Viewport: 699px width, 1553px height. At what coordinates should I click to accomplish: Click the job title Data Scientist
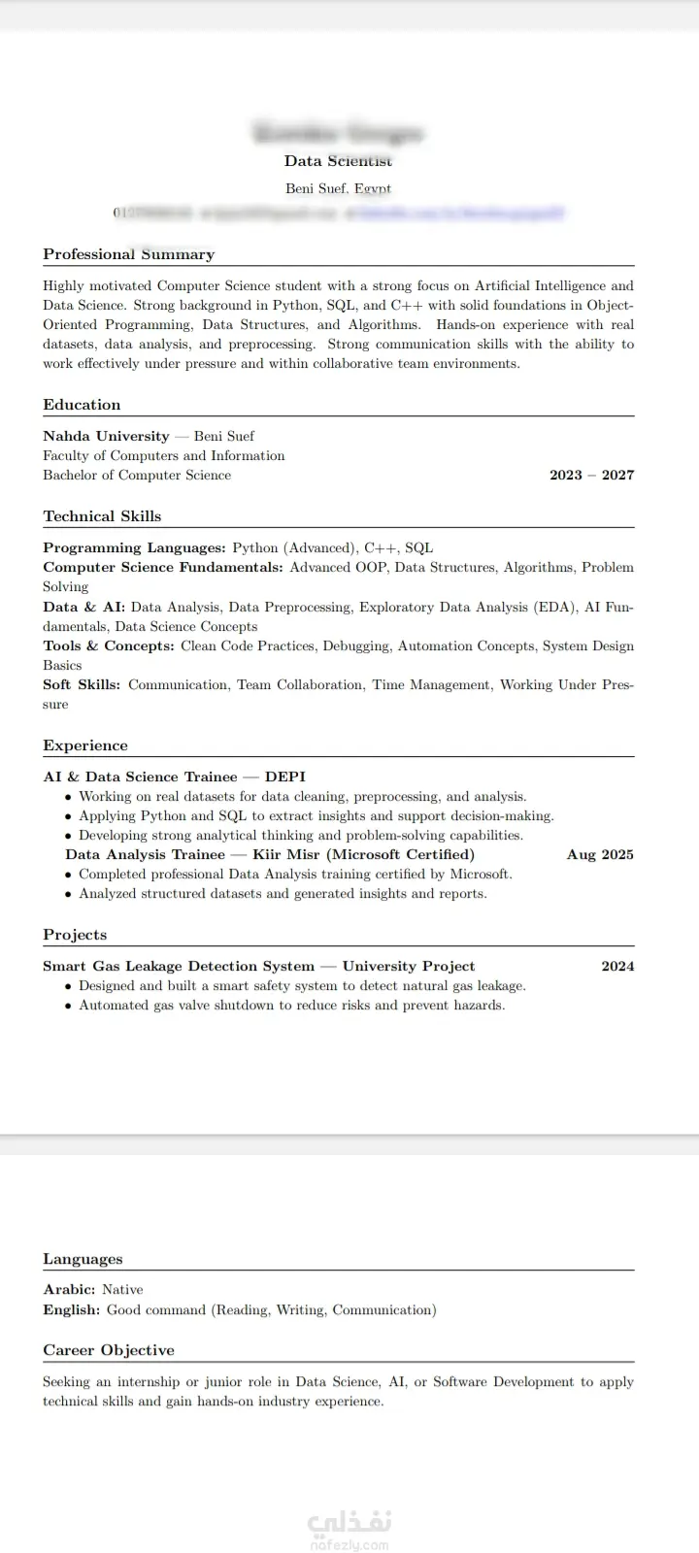pyautogui.click(x=338, y=161)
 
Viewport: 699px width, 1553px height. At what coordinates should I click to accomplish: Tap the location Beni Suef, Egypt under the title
pyautogui.click(x=338, y=188)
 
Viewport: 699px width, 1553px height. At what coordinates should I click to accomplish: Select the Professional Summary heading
pyautogui.click(x=128, y=254)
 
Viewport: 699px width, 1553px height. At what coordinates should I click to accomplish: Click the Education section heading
pyautogui.click(x=82, y=405)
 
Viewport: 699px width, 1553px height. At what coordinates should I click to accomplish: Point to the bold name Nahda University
pyautogui.click(x=106, y=436)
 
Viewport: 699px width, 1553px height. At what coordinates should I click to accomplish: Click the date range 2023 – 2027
pyautogui.click(x=591, y=475)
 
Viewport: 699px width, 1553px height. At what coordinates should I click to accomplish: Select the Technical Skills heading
pyautogui.click(x=102, y=516)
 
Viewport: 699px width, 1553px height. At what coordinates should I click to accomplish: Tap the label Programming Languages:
pyautogui.click(x=134, y=547)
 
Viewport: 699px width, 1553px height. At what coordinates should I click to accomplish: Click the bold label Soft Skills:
pyautogui.click(x=82, y=684)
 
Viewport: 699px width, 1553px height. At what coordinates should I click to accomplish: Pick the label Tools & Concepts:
pyautogui.click(x=109, y=645)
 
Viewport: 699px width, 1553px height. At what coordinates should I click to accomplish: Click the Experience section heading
pyautogui.click(x=85, y=745)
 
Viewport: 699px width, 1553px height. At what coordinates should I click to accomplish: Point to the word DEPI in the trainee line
pyautogui.click(x=285, y=776)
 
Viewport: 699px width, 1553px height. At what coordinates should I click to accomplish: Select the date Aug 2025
pyautogui.click(x=600, y=854)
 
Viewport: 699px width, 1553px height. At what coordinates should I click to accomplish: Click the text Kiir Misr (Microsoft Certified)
pyautogui.click(x=364, y=854)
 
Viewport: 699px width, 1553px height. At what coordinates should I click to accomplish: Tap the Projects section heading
pyautogui.click(x=75, y=935)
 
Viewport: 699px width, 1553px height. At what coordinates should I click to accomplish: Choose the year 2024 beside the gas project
pyautogui.click(x=617, y=966)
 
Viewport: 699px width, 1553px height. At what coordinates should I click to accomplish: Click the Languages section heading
pyautogui.click(x=83, y=1259)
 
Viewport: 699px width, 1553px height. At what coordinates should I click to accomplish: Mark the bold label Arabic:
pyautogui.click(x=69, y=1290)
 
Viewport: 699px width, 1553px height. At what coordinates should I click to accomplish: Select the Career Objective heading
pyautogui.click(x=109, y=1350)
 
